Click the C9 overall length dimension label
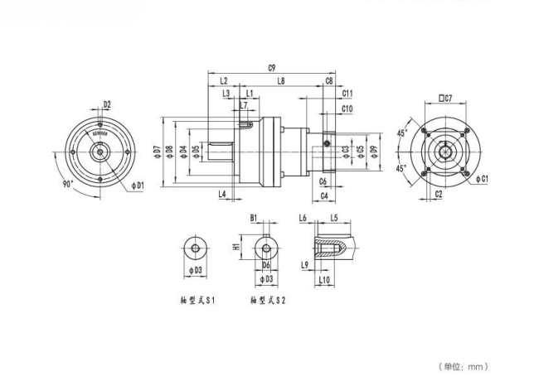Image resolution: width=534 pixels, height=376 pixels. (x=272, y=69)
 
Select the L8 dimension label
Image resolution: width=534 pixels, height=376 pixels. (x=281, y=81)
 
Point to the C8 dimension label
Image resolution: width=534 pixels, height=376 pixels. (x=330, y=81)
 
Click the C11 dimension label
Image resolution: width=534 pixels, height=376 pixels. (x=347, y=94)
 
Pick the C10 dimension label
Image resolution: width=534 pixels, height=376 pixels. (x=347, y=108)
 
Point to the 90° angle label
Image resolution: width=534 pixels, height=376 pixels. (x=68, y=183)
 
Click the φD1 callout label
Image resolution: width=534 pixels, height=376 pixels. (x=138, y=184)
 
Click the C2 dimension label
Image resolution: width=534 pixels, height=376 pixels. (x=438, y=194)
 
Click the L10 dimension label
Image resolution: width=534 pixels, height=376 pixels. (x=326, y=280)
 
